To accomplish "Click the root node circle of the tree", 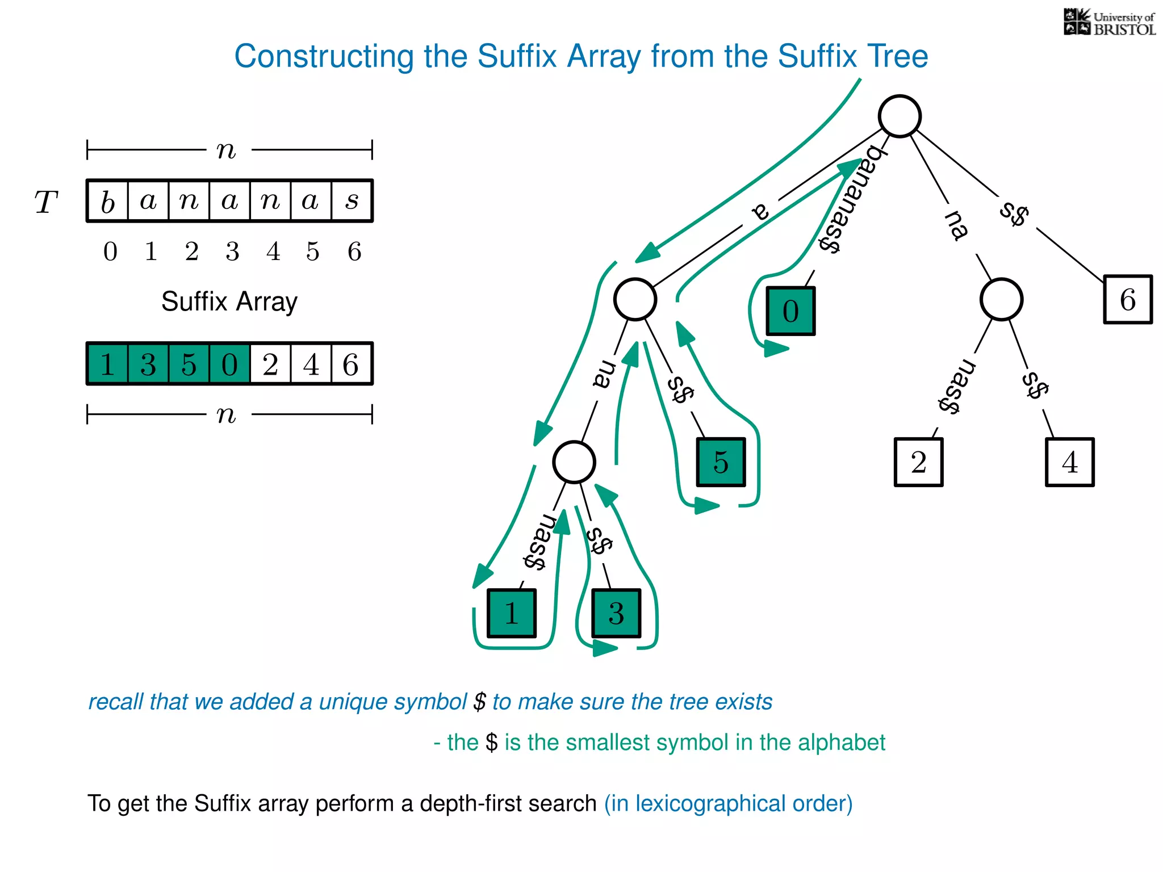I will [899, 116].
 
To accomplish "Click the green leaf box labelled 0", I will [790, 311].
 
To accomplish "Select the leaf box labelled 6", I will [1127, 299].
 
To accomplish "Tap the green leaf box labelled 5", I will [721, 462].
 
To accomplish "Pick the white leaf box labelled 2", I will [918, 462].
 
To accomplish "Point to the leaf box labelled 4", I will [1069, 462].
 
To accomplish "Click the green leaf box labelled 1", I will [511, 613].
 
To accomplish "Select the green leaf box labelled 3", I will [616, 613].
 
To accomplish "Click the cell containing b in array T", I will [108, 201].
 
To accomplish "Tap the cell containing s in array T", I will [352, 201].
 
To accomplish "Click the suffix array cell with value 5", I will [189, 364].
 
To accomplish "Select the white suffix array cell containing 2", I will [270, 364].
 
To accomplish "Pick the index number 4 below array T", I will [273, 251].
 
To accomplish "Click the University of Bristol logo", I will [1109, 23].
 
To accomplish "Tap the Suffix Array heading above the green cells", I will [229, 301].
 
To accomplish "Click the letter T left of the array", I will [46, 202].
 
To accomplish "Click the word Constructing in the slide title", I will [324, 56].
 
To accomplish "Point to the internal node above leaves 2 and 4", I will [1001, 299].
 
